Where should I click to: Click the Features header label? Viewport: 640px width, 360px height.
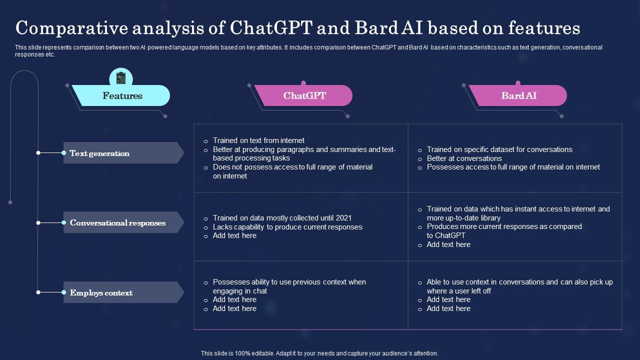(122, 95)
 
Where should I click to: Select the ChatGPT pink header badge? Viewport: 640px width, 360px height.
(304, 95)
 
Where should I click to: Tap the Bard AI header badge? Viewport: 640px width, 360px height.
(518, 95)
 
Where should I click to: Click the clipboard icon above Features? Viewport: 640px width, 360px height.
(121, 78)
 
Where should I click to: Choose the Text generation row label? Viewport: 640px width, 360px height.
(99, 153)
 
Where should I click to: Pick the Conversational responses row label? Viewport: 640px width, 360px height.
(117, 222)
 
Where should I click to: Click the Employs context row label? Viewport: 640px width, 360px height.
(101, 292)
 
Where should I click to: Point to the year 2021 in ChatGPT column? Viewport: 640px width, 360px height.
(343, 218)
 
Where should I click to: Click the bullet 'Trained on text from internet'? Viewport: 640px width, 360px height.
(258, 140)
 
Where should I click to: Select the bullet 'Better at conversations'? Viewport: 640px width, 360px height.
(464, 158)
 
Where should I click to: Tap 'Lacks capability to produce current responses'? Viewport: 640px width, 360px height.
(287, 227)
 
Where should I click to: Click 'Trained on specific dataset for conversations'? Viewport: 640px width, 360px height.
(499, 149)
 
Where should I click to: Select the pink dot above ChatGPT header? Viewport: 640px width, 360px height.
(303, 83)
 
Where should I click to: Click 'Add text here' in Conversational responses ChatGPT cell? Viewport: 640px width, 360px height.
(234, 235)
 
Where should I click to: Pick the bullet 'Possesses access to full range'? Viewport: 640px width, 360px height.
(513, 167)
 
